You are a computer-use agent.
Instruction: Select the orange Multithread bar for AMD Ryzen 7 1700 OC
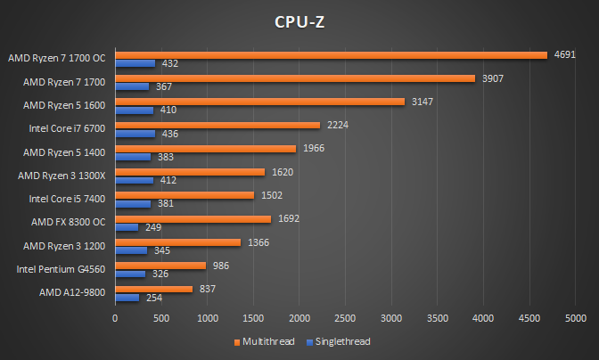coord(331,55)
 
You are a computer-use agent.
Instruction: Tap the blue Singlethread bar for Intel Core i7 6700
coord(135,135)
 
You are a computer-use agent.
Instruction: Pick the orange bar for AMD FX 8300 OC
coord(193,217)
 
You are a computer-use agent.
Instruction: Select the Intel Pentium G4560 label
coord(62,268)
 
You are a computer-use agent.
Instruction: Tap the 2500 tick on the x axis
coord(345,316)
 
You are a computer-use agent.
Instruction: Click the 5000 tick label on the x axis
coord(575,316)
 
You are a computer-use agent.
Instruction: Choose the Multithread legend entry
coord(265,341)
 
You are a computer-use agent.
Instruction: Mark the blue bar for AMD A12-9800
coord(127,298)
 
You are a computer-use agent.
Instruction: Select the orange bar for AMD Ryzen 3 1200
coord(177,241)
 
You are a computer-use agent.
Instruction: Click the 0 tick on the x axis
coord(115,316)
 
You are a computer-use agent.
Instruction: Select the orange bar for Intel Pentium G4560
coord(160,265)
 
